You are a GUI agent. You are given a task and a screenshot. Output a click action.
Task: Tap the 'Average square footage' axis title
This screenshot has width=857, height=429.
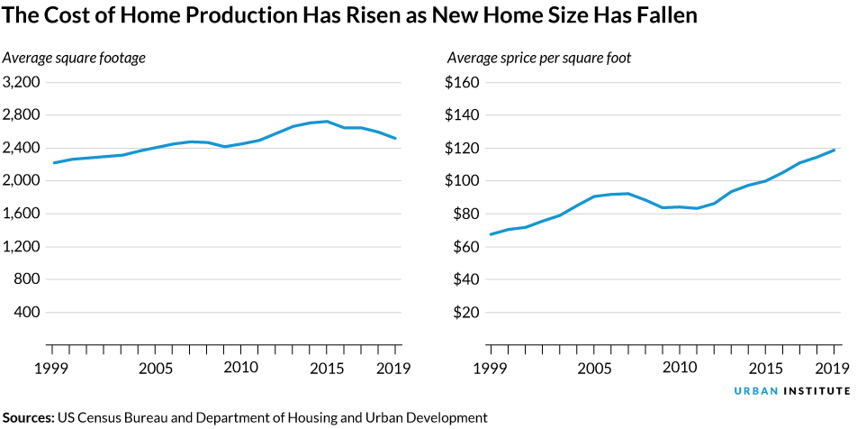coord(74,59)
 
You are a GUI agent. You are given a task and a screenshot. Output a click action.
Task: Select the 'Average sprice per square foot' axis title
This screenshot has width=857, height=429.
coord(538,59)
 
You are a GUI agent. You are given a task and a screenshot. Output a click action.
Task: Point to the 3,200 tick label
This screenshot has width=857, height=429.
coord(22,82)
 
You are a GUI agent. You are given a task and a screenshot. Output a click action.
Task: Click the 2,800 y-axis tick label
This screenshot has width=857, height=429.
coord(22,115)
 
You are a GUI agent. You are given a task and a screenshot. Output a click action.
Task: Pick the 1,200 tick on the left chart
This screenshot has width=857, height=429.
coord(22,247)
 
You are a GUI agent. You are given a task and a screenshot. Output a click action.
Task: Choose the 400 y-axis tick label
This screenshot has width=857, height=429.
coord(27,313)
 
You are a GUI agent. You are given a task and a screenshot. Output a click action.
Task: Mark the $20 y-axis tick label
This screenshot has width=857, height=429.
coord(468,313)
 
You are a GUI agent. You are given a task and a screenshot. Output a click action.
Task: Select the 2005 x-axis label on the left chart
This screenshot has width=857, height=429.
coord(155,369)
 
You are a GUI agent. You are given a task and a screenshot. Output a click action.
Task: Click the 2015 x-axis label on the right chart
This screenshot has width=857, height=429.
coord(766,369)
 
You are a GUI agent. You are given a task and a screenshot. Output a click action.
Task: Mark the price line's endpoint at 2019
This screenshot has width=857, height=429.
coord(834,150)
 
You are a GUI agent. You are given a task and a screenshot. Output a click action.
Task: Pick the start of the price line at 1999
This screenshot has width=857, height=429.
coord(492,234)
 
